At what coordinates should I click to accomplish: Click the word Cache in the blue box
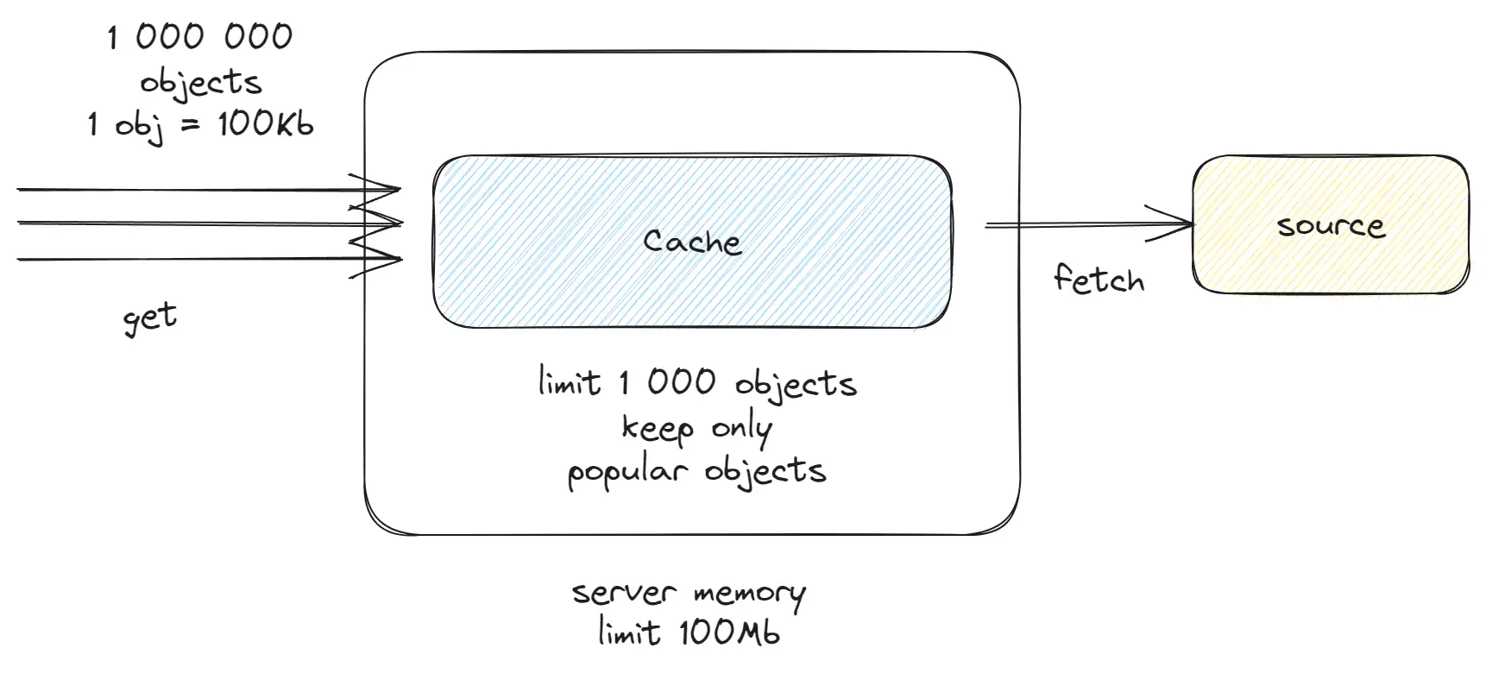pyautogui.click(x=692, y=242)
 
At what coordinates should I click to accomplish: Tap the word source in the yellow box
pyautogui.click(x=1331, y=226)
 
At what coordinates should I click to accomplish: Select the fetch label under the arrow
pyautogui.click(x=1099, y=279)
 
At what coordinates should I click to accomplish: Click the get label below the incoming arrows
pyautogui.click(x=150, y=318)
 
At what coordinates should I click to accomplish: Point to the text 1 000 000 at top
pyautogui.click(x=200, y=37)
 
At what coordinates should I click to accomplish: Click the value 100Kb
pyautogui.click(x=265, y=124)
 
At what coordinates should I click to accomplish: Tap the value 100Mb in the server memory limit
pyautogui.click(x=729, y=632)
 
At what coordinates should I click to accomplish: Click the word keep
pyautogui.click(x=658, y=428)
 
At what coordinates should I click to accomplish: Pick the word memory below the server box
pyautogui.click(x=749, y=594)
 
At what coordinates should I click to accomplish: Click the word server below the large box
pyautogui.click(x=624, y=594)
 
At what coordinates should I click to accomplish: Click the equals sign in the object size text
pyautogui.click(x=191, y=125)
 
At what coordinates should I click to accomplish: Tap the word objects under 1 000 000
pyautogui.click(x=201, y=83)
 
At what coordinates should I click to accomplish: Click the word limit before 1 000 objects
pyautogui.click(x=569, y=381)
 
